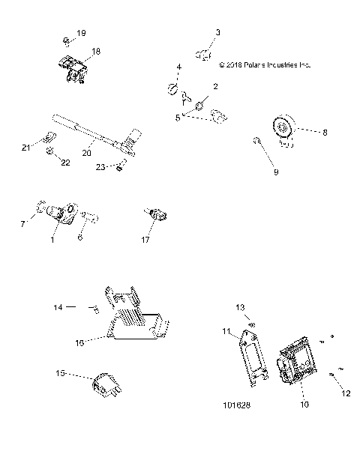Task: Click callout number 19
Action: click(82, 33)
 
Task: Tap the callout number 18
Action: click(95, 51)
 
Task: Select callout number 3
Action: click(218, 32)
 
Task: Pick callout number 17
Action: click(146, 240)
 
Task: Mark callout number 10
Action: click(304, 405)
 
